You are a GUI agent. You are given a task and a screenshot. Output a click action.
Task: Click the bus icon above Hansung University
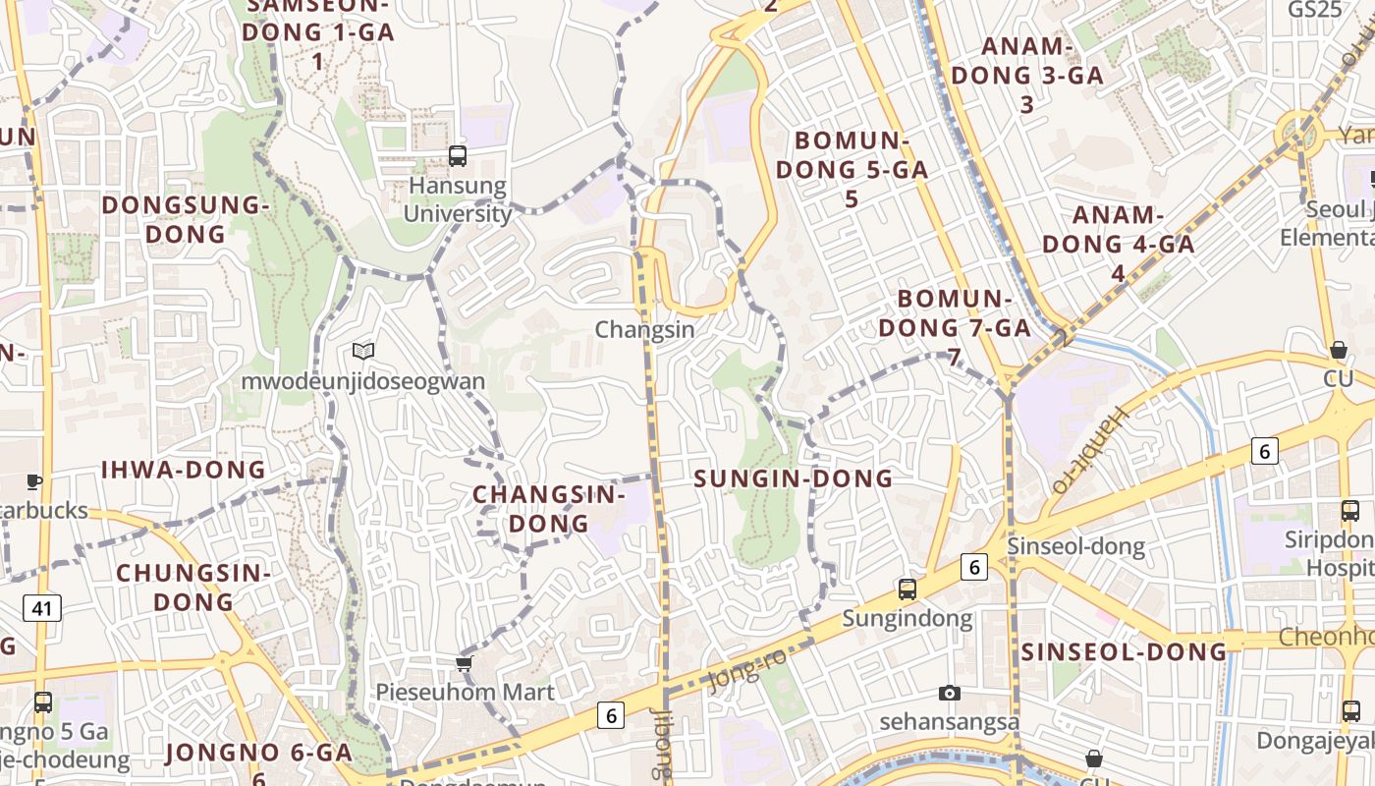458,155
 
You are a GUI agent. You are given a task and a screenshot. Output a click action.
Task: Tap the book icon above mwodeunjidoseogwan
363,351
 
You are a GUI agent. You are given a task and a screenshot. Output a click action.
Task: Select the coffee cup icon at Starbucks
33,481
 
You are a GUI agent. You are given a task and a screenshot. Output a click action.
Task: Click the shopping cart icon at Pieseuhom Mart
465,663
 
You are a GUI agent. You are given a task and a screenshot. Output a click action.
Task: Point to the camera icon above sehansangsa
949,694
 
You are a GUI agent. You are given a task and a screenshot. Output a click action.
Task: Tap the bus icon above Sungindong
907,589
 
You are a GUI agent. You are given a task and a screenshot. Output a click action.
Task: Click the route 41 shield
41,609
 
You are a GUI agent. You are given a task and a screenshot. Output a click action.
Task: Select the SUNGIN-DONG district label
794,479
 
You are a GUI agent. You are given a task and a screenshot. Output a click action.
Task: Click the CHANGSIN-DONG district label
549,509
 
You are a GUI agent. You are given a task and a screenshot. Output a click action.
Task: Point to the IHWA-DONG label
184,470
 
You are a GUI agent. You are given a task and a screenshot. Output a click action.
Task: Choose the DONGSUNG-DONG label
186,219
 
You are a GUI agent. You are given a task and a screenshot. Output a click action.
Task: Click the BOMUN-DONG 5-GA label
852,169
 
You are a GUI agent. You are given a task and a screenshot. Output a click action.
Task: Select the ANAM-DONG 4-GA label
1118,244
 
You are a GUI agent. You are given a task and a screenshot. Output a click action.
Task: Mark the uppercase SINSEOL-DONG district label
1124,651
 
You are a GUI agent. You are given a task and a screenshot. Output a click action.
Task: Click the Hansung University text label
458,199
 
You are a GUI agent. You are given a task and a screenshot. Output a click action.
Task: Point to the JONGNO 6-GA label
258,754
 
